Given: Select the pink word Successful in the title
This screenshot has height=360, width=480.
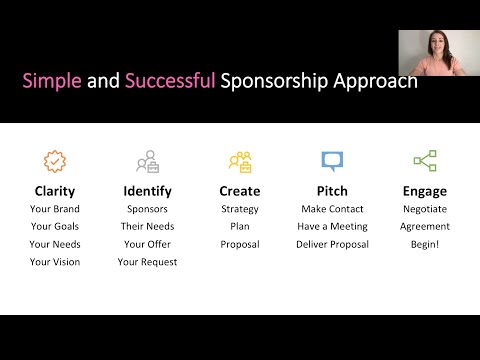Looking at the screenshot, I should [169, 80].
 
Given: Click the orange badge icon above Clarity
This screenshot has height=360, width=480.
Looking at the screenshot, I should [54, 160].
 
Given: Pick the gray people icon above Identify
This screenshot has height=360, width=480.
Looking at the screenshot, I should [148, 160].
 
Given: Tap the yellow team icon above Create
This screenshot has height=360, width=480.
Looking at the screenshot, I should [239, 160].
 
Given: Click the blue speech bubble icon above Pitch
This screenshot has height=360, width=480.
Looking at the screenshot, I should [332, 160].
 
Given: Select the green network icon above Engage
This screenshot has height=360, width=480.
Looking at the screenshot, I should [425, 160].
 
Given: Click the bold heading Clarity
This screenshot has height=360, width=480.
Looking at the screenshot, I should [54, 190].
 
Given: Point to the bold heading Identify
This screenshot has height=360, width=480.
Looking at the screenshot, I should [148, 190].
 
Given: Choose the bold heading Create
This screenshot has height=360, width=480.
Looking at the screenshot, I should [239, 190].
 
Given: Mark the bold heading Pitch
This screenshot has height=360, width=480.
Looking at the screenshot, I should [332, 190].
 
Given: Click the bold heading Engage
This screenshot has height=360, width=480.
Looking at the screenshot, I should [425, 190].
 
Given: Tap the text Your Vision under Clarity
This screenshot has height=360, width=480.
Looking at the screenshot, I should [54, 262].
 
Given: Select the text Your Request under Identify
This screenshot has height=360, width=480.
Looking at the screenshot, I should [148, 262].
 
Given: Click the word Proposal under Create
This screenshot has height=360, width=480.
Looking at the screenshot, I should [239, 244].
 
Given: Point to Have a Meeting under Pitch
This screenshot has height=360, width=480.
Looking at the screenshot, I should [332, 226].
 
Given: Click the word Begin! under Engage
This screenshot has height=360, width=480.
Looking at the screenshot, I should [425, 244].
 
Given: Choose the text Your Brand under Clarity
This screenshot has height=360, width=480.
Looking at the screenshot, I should [54, 209].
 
